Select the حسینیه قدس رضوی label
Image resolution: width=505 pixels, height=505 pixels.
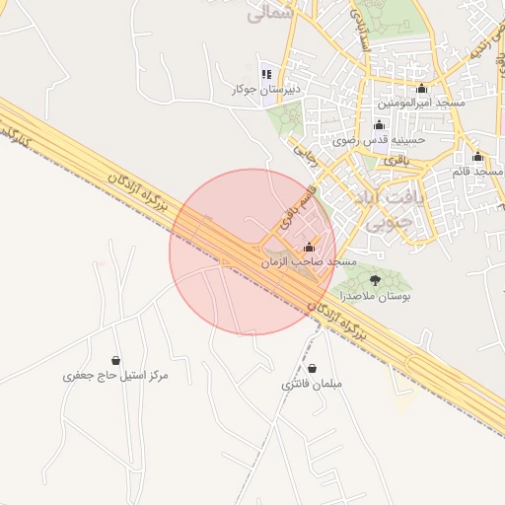point(379,140)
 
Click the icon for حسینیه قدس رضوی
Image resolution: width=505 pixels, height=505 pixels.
point(379,124)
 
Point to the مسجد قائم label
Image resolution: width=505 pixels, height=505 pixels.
point(477,172)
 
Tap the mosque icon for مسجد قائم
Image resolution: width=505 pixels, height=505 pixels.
point(477,157)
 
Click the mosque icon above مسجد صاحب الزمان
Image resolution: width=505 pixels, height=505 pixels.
point(310,247)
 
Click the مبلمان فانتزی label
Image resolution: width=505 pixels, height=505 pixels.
point(310,383)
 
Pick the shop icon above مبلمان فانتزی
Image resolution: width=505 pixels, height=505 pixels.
point(310,367)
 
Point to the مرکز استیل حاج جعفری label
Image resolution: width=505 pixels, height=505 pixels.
point(116,376)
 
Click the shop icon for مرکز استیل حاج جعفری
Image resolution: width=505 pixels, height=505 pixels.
point(117,360)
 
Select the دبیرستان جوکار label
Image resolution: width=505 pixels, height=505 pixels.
point(264,90)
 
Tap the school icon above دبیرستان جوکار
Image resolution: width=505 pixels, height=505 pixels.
point(265,74)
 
